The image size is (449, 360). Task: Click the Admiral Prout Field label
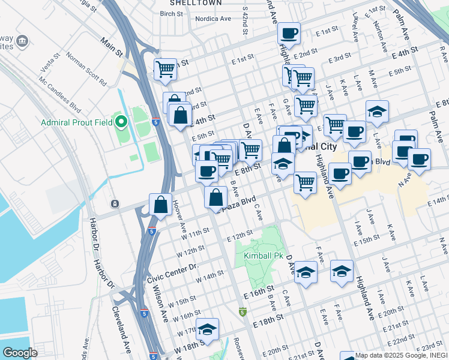tap(77, 123)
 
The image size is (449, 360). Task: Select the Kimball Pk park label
tap(263, 256)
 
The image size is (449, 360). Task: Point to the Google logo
tap(20, 352)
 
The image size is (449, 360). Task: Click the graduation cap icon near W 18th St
tap(207, 329)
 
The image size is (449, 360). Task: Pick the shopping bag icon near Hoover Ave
tap(161, 204)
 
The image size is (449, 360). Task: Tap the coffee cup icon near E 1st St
tap(289, 34)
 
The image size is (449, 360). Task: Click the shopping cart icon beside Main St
tap(165, 68)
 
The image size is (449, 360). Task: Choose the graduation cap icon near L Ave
tap(377, 112)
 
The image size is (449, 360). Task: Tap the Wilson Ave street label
tap(163, 306)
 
